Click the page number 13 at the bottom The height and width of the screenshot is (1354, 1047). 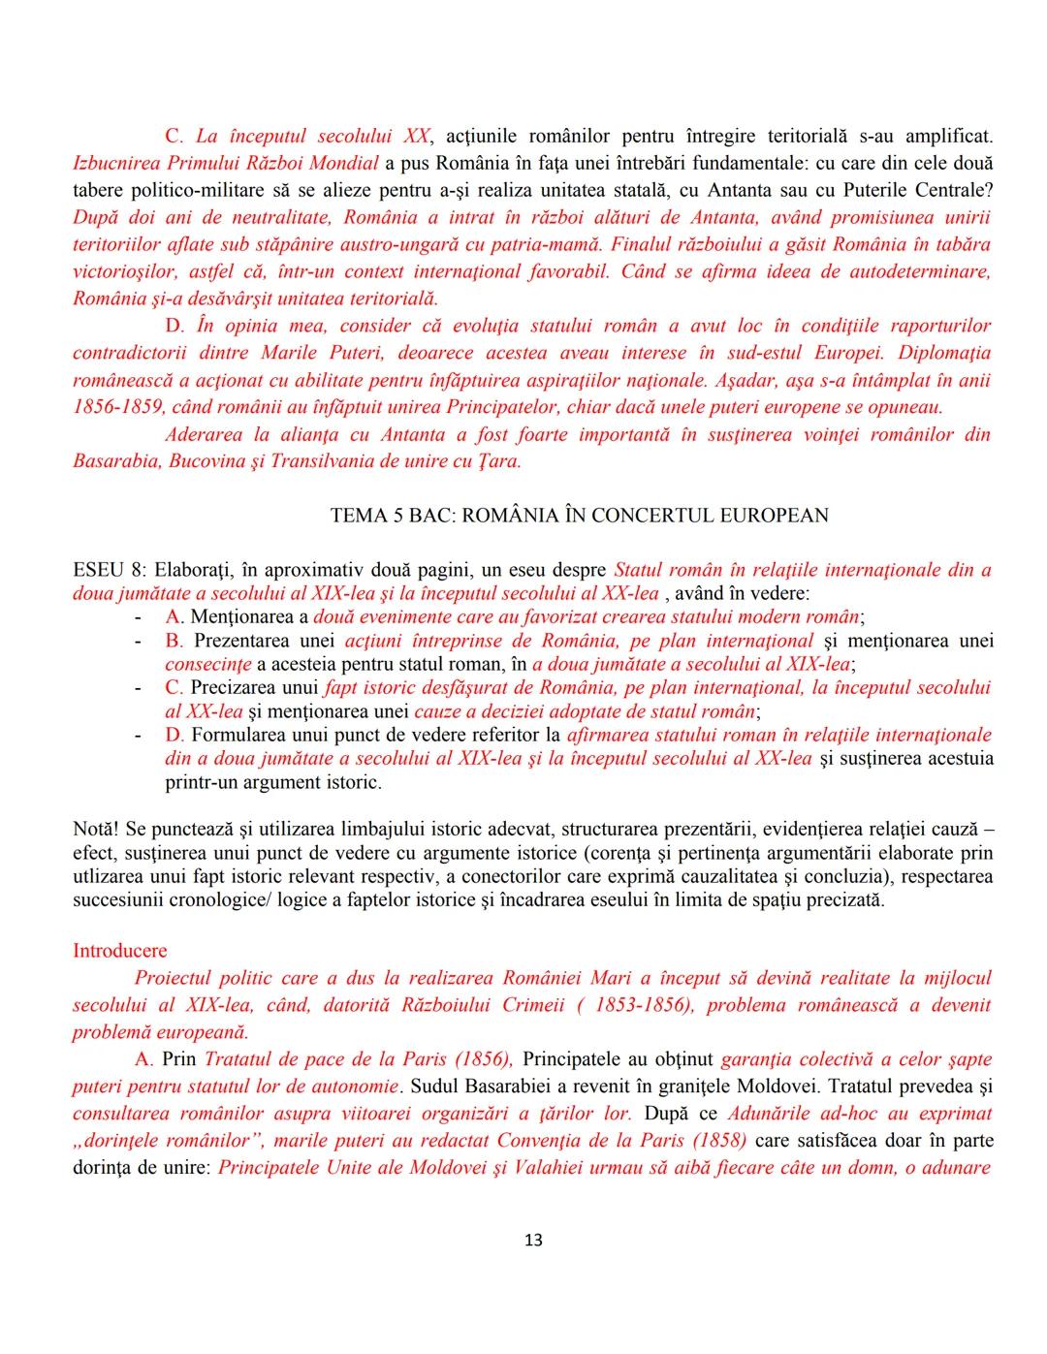coord(533,1240)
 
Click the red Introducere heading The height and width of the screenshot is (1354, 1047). coord(119,951)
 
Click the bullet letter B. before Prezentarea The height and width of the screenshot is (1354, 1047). coord(174,641)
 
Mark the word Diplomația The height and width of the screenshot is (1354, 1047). coord(943,353)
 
